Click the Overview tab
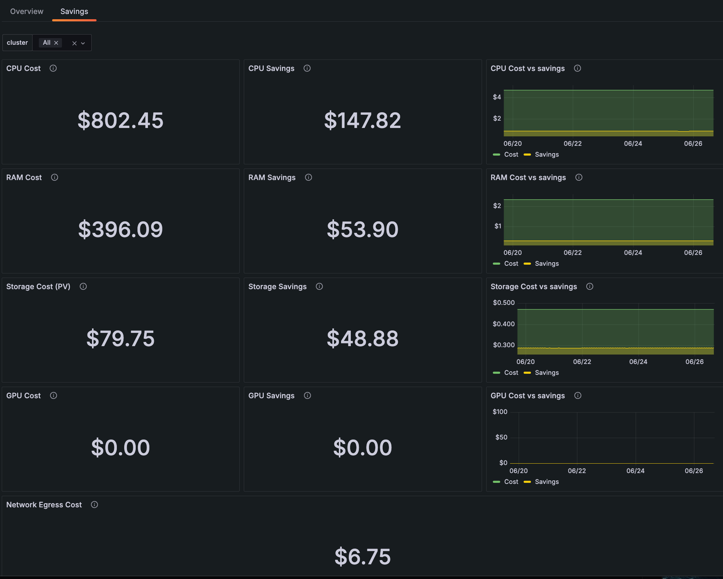click(27, 11)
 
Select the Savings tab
click(74, 11)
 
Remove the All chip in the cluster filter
click(56, 43)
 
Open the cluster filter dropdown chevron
click(83, 43)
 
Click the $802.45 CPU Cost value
click(120, 120)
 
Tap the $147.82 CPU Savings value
click(362, 120)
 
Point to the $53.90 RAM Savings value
click(362, 229)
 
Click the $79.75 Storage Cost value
click(120, 338)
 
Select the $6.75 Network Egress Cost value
click(362, 557)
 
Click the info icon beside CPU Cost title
click(53, 68)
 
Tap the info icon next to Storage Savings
click(319, 286)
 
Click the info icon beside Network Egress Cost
click(94, 505)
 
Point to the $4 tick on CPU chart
click(497, 97)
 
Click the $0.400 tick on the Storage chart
click(504, 324)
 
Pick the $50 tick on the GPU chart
click(501, 437)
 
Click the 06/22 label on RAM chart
click(573, 252)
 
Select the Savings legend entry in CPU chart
click(546, 155)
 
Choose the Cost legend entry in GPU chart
click(511, 482)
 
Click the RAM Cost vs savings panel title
click(528, 178)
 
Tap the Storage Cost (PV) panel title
click(38, 287)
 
